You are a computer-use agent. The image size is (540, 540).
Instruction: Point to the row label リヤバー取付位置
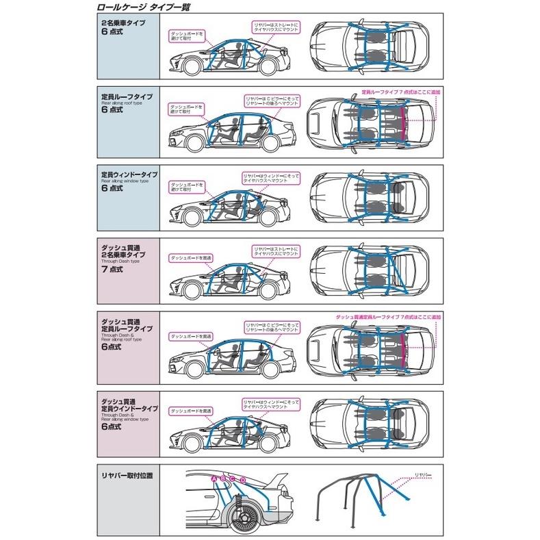coord(123,474)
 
